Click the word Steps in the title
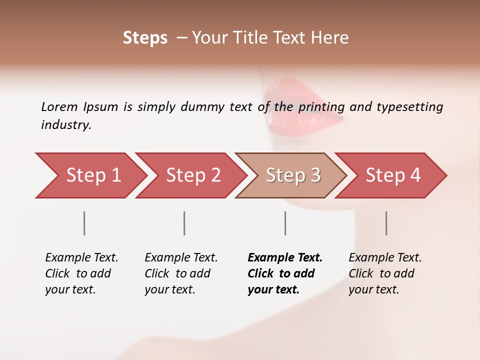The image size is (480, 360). (145, 38)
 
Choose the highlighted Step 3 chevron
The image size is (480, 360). (293, 175)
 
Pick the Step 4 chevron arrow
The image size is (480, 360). (393, 175)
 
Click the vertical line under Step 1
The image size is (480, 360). (84, 223)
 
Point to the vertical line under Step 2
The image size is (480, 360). (184, 223)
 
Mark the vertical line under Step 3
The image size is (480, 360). (285, 223)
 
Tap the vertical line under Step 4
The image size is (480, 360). (386, 223)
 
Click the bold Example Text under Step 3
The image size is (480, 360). (285, 273)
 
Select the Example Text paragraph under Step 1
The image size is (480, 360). (81, 273)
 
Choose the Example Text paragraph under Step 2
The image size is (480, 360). (181, 273)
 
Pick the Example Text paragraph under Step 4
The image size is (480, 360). (385, 273)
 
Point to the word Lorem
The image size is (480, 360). (59, 106)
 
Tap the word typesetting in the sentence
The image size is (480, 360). (409, 107)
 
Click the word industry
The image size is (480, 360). (66, 125)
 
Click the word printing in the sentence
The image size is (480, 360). (321, 107)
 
